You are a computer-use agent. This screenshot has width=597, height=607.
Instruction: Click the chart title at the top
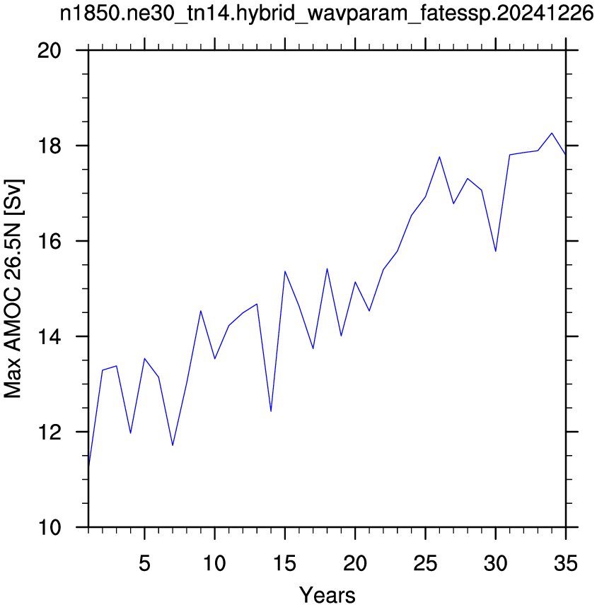pos(327,14)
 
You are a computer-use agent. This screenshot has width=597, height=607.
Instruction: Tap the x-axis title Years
pos(327,595)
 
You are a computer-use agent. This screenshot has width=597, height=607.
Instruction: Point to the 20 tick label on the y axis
pos(50,50)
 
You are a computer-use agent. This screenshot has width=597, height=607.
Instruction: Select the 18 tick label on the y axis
pos(50,146)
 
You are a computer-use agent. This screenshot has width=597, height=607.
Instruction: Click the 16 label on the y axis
pos(50,241)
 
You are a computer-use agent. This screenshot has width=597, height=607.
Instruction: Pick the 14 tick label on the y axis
pos(50,337)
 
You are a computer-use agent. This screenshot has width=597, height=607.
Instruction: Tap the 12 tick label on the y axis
pos(50,432)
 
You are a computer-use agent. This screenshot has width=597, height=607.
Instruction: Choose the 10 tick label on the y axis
pos(50,527)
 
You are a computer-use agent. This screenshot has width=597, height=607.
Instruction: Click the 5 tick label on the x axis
pos(144,563)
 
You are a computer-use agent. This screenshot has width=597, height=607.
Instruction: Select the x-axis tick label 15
pos(285,563)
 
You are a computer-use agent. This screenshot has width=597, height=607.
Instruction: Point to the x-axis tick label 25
pos(425,563)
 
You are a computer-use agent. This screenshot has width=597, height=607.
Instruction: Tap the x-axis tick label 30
pos(496,563)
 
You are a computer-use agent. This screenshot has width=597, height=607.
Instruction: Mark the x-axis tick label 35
pos(566,563)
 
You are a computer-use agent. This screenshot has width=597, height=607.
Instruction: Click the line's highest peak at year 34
pos(552,133)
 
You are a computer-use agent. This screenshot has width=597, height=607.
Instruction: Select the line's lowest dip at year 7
pos(173,445)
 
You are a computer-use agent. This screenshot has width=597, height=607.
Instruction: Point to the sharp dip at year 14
pos(271,411)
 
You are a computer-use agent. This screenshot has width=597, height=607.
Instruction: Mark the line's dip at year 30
pos(496,252)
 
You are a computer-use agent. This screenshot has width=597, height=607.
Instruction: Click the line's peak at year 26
pos(439,157)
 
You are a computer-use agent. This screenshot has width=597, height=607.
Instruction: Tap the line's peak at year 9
pos(201,311)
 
